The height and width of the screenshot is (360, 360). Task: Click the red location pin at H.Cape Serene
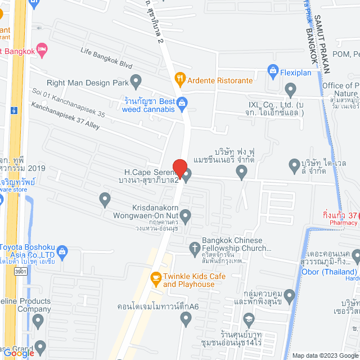pos(179,168)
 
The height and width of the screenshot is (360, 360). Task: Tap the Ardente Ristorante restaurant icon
pos(180,80)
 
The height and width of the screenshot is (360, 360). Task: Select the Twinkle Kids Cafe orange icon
pos(156,277)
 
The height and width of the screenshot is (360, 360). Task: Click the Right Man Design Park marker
pos(136,82)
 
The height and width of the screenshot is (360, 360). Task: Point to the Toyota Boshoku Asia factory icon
pos(62,250)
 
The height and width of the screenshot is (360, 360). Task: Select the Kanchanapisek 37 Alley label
pos(65,115)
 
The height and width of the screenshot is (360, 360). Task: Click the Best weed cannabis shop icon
pos(182,102)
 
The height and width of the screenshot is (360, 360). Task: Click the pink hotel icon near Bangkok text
pos(40,50)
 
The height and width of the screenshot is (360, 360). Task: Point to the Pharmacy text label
pos(343,223)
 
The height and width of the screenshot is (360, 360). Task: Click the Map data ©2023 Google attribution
pos(325,355)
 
